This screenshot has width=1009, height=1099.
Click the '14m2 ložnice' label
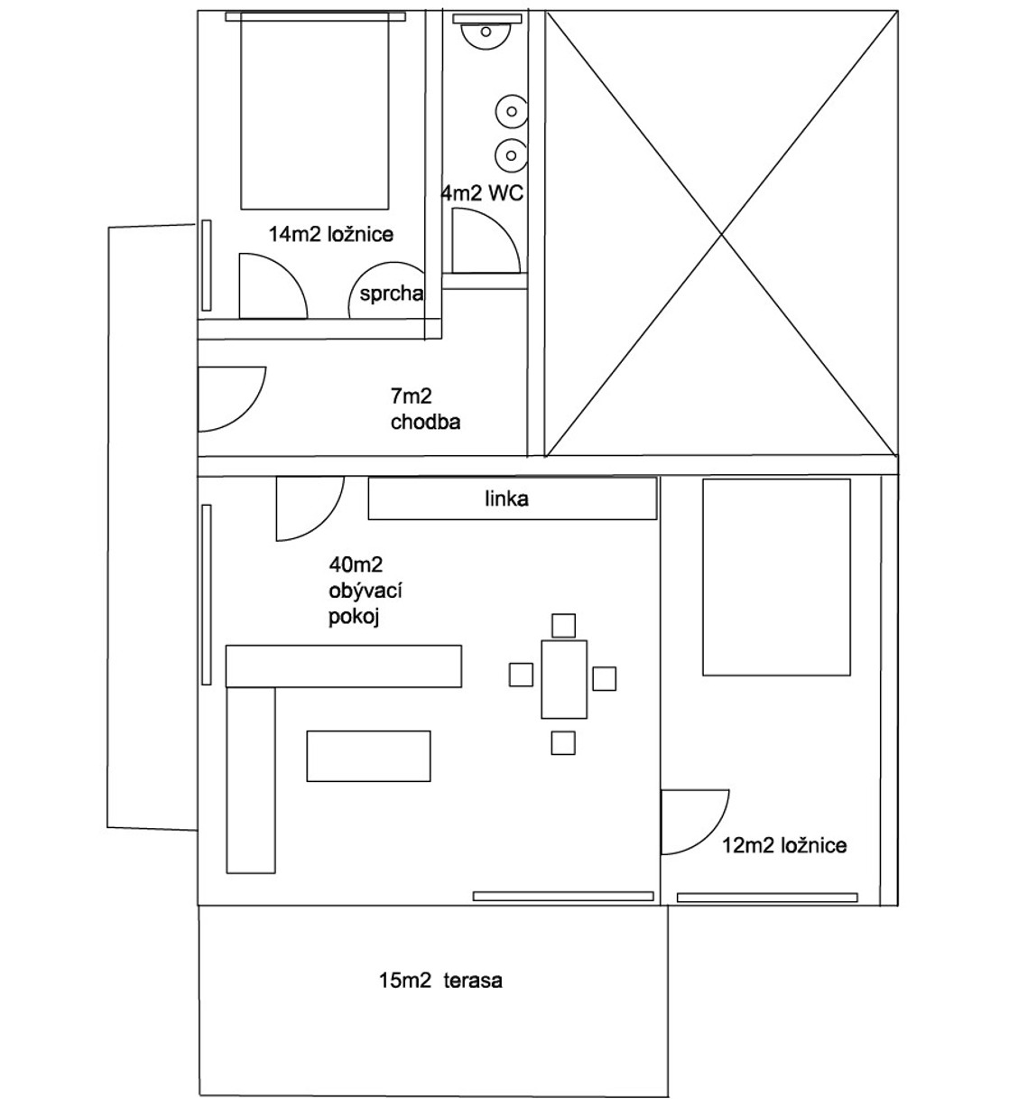[331, 234]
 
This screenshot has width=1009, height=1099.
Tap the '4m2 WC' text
[482, 193]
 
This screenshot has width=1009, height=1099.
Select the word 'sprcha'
[391, 293]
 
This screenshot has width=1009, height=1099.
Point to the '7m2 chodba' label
[425, 408]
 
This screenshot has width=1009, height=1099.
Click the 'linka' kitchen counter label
[506, 498]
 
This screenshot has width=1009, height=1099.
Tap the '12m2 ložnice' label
[784, 845]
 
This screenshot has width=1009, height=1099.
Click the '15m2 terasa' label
[440, 980]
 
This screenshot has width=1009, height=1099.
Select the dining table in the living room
[564, 679]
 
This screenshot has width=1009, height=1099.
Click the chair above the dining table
[564, 625]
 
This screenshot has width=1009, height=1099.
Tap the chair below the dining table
[564, 742]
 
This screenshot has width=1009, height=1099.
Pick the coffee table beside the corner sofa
[368, 756]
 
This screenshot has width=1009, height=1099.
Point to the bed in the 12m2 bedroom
[776, 578]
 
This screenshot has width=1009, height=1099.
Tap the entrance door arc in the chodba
[229, 397]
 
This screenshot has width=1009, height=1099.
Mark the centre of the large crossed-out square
[722, 234]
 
